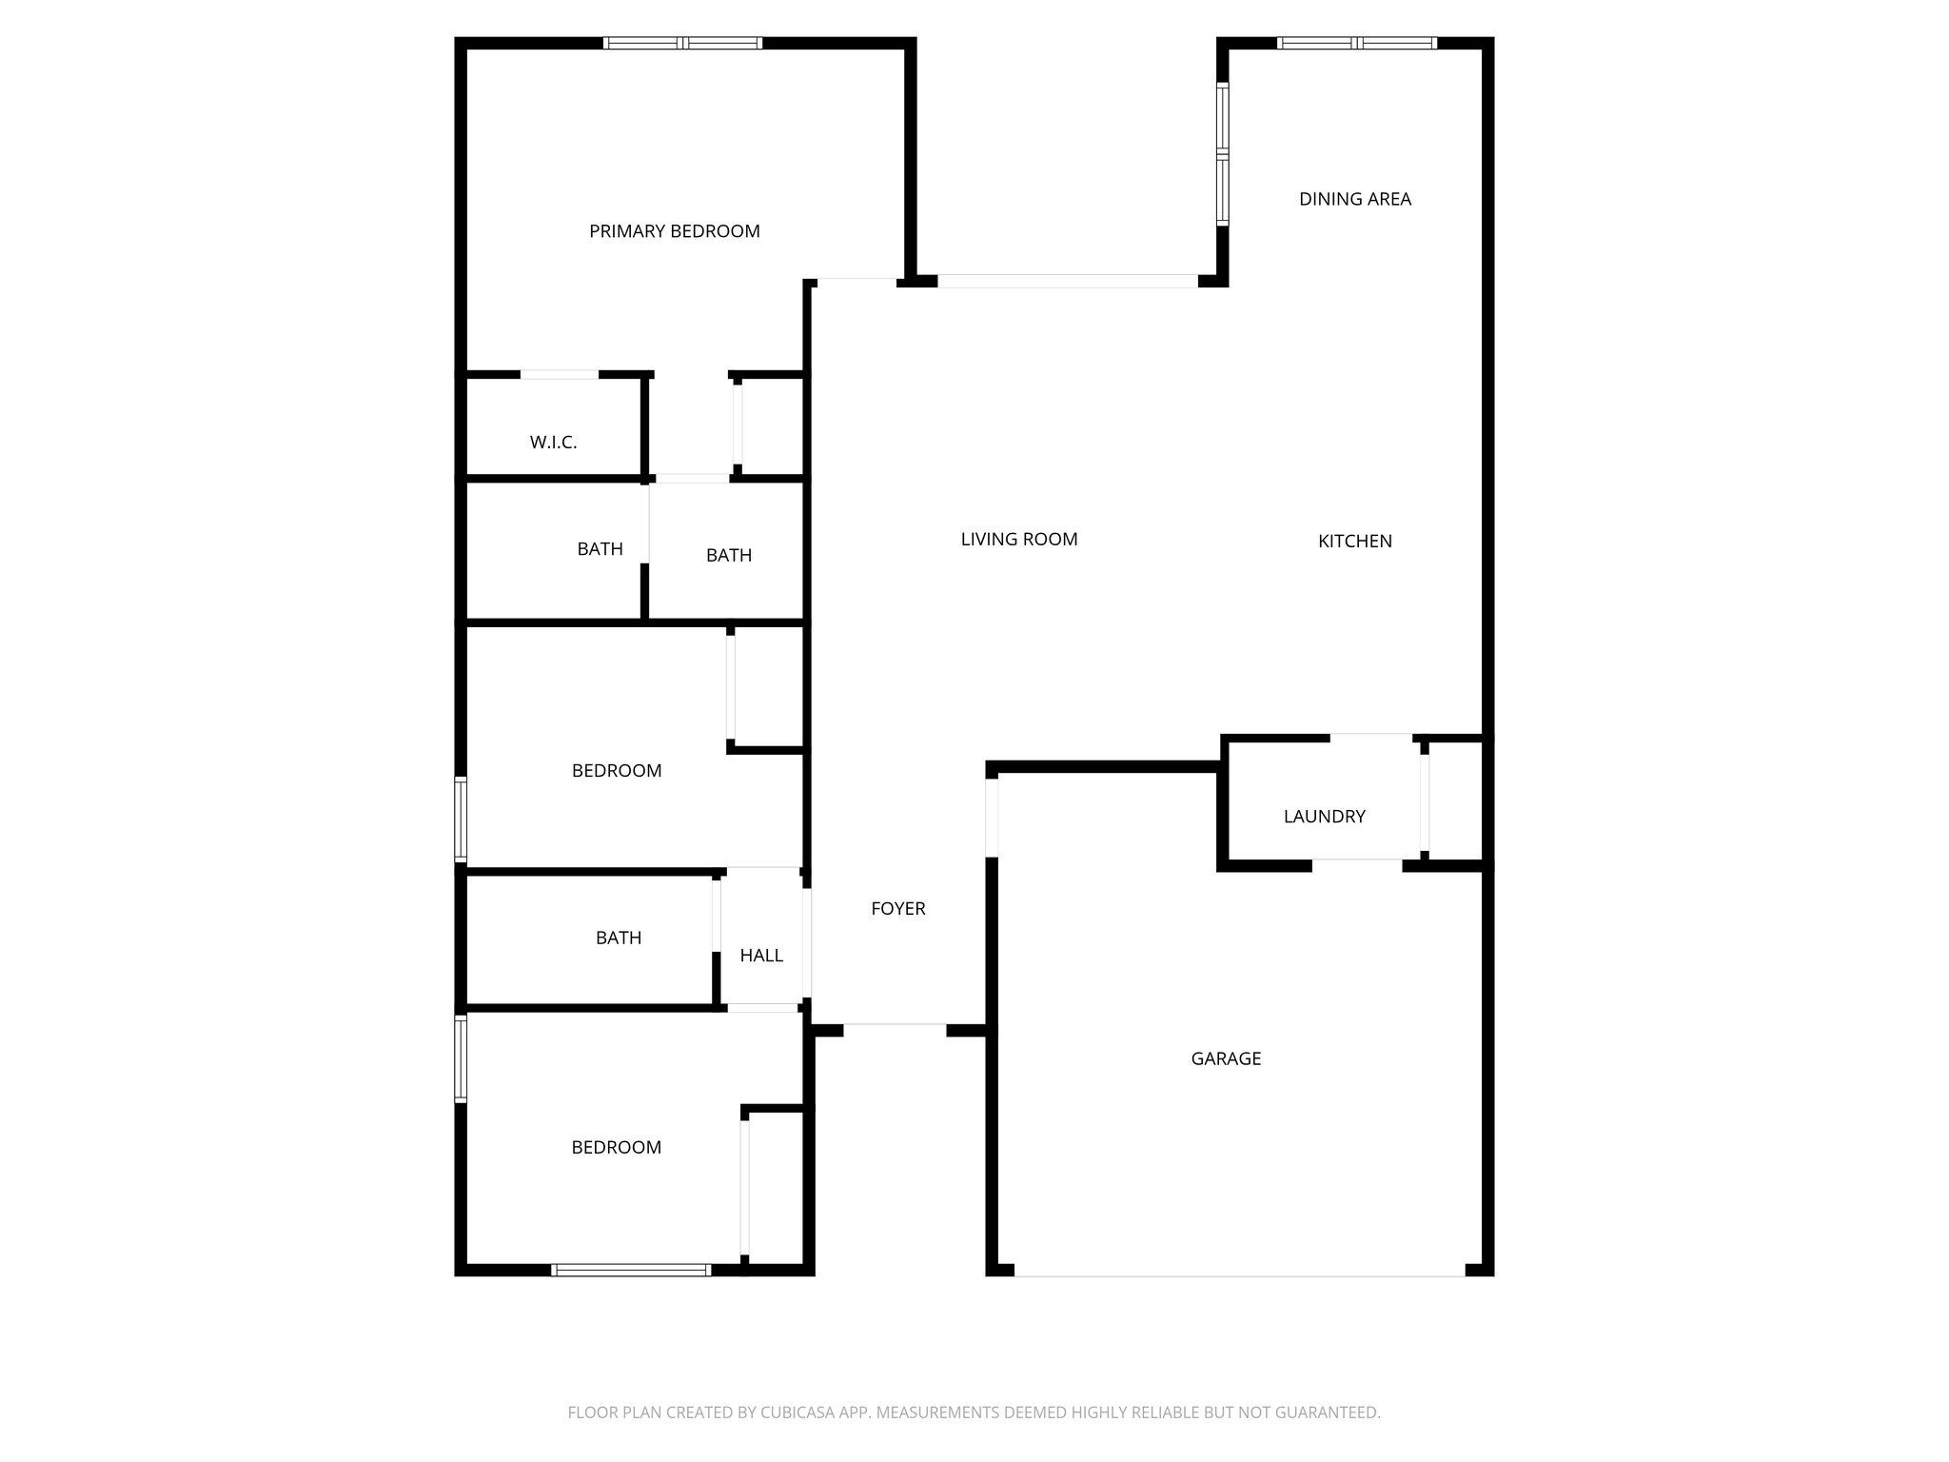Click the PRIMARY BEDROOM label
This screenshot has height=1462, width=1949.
click(674, 231)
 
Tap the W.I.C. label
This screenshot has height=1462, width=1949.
click(553, 443)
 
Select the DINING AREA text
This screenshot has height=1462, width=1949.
click(1354, 199)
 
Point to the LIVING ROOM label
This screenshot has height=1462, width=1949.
click(1018, 540)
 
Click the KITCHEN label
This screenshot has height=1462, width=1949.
click(1354, 542)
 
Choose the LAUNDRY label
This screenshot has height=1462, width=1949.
click(1324, 817)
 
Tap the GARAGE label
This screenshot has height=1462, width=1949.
click(1226, 1058)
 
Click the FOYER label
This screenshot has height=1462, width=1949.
click(897, 909)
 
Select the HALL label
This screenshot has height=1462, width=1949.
click(761, 956)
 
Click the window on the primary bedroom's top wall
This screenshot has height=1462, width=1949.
click(682, 43)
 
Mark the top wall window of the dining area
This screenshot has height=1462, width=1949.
click(1356, 43)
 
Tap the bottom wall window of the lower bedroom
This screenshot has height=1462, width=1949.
click(631, 1270)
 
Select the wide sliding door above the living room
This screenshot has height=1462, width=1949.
click(1067, 281)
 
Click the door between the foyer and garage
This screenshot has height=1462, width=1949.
click(992, 817)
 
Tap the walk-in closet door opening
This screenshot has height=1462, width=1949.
click(559, 374)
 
